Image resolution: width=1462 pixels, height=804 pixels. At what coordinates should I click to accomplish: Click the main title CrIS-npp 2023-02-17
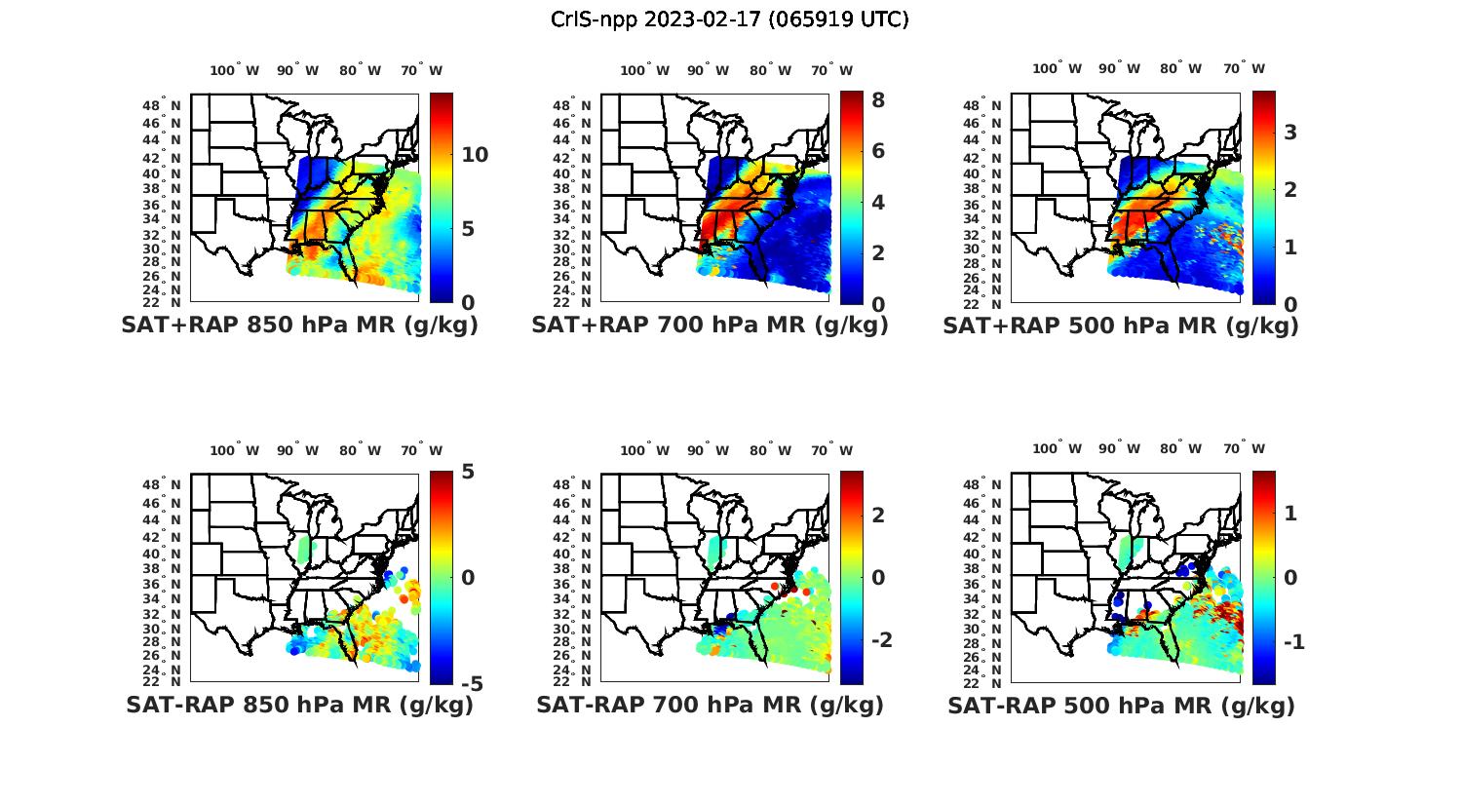point(729,19)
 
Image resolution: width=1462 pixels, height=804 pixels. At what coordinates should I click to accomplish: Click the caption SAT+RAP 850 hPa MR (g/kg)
point(299,326)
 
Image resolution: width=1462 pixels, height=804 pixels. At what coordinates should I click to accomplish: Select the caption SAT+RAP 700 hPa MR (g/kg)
point(710,326)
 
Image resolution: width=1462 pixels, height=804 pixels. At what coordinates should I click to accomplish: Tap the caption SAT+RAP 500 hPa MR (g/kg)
point(1121,326)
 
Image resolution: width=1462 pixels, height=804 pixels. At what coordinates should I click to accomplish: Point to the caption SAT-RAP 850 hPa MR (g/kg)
point(299,706)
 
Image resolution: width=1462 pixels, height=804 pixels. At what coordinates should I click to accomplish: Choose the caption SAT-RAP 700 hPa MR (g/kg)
point(710,706)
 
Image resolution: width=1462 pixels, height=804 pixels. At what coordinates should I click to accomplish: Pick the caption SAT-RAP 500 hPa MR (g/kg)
point(1121,706)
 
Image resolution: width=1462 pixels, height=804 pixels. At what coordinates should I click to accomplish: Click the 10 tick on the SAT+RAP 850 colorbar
point(476,155)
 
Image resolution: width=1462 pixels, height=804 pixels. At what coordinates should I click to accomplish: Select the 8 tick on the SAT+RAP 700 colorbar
point(877,99)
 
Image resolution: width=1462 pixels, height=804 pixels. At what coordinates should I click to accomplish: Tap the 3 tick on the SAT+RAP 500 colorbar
point(1290,132)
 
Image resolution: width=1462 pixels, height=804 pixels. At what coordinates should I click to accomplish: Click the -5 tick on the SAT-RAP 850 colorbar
point(471,683)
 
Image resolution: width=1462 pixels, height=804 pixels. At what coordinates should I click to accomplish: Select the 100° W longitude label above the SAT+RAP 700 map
point(644,70)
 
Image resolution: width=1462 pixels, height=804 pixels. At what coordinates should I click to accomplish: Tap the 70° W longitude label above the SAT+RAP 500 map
point(1244,68)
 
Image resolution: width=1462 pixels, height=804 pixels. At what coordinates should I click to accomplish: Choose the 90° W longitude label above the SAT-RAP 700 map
point(708,450)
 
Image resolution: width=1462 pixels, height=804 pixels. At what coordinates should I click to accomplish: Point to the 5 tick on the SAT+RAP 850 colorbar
point(468,229)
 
